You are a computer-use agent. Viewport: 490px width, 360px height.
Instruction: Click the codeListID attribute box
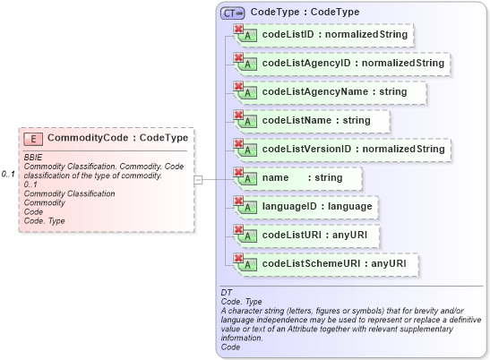click(x=322, y=35)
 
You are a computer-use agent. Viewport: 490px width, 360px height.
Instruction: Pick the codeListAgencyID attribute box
click(x=341, y=64)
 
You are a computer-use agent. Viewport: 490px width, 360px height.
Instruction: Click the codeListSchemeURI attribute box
click(x=327, y=264)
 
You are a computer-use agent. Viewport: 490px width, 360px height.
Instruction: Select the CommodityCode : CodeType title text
click(x=117, y=139)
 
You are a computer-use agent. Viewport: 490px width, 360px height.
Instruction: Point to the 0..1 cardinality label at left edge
click(x=9, y=174)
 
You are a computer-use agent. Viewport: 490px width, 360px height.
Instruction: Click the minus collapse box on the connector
click(x=199, y=179)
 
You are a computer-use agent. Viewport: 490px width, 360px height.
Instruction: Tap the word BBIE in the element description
click(x=34, y=158)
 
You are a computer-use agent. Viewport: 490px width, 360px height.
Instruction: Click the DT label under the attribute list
click(x=226, y=293)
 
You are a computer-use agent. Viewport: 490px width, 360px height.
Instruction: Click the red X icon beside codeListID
click(x=239, y=30)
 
